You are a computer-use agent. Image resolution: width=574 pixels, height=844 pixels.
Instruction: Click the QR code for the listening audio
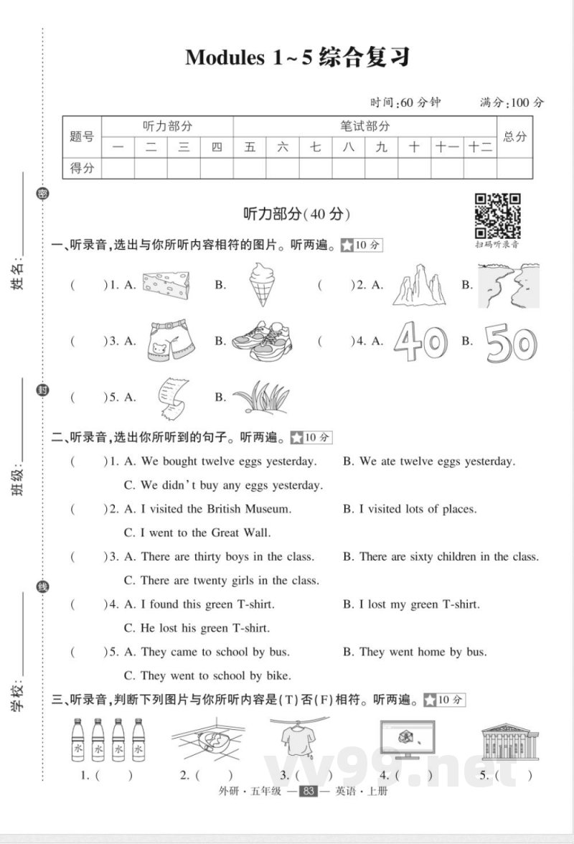pyautogui.click(x=498, y=215)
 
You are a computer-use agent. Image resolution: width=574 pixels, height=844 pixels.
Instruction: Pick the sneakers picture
pyautogui.click(x=262, y=341)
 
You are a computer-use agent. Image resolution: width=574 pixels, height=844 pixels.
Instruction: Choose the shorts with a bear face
pyautogui.click(x=169, y=341)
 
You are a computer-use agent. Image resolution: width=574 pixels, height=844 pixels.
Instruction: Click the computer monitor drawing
pyautogui.click(x=405, y=739)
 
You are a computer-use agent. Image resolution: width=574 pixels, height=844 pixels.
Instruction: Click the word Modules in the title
pyautogui.click(x=225, y=58)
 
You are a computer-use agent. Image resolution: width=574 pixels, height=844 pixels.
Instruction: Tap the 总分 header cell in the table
pyautogui.click(x=514, y=136)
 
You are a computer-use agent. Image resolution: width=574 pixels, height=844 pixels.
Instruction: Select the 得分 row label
pyautogui.click(x=82, y=169)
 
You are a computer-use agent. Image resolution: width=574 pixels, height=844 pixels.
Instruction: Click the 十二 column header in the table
pyautogui.click(x=480, y=148)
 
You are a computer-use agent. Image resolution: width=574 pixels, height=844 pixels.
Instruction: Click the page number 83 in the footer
pyautogui.click(x=308, y=792)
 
